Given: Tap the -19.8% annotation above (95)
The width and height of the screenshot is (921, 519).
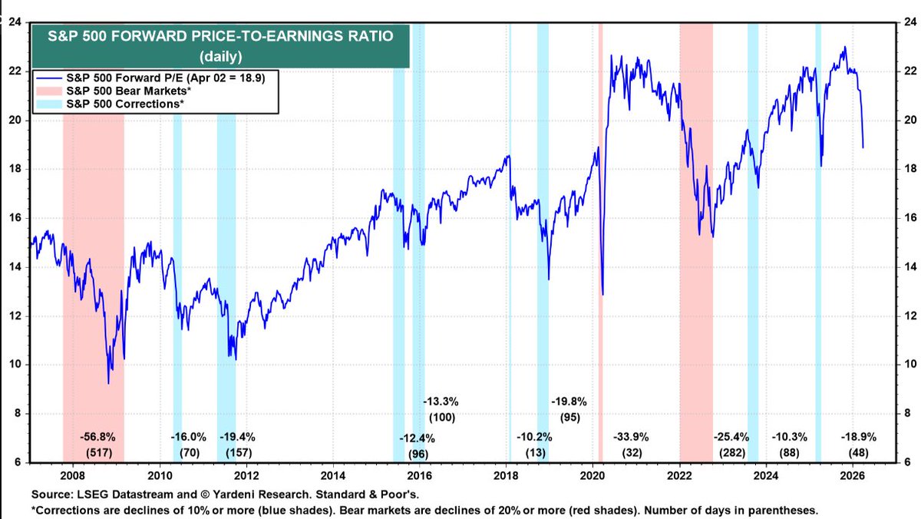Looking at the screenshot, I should point(568,401).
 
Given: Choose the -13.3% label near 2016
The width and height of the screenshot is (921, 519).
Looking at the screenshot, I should point(441,401).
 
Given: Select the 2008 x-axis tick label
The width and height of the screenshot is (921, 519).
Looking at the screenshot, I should point(73,474).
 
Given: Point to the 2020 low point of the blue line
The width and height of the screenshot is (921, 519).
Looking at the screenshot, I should point(603,294).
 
